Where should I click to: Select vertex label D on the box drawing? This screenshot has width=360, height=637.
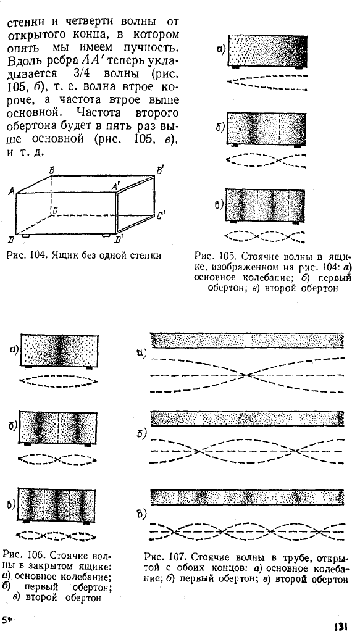tap(11, 239)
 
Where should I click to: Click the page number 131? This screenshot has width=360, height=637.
tap(340, 627)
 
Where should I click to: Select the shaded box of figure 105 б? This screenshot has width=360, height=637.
tap(266, 128)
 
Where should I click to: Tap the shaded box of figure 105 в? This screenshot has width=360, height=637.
tap(265, 205)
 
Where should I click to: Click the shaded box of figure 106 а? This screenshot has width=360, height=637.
tap(59, 350)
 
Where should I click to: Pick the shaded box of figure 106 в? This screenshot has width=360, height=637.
tap(57, 505)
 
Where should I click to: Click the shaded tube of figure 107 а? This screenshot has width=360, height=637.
tap(247, 341)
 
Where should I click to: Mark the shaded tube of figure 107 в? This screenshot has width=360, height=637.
tap(247, 497)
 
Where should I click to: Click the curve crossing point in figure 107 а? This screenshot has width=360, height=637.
tap(246, 375)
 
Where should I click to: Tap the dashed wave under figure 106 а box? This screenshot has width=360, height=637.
tap(59, 381)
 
